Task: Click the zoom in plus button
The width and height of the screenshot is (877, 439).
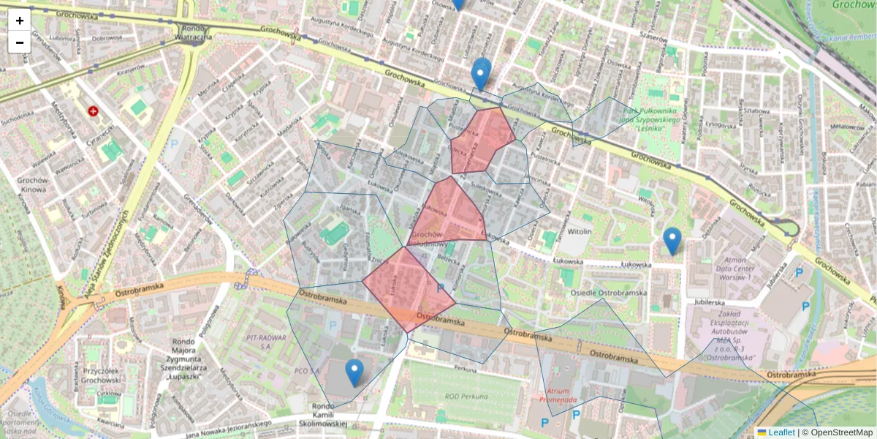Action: click(20, 20)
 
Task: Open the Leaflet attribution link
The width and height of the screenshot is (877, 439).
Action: click(781, 432)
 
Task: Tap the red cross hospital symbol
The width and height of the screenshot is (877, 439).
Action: click(94, 111)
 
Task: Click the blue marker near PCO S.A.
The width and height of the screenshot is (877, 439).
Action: click(354, 373)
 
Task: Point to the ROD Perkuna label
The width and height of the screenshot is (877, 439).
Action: click(466, 396)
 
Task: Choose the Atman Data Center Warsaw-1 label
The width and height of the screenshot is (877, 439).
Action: click(732, 267)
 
